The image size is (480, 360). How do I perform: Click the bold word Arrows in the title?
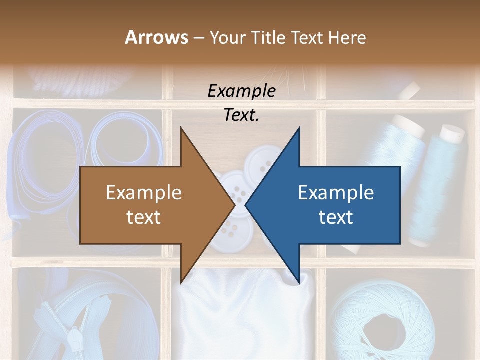(x=156, y=37)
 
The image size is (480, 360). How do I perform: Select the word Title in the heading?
(x=269, y=37)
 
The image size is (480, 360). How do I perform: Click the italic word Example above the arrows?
(x=241, y=91)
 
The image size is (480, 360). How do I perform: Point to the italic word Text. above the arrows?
(x=241, y=115)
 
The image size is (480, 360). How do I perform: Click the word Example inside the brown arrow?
(x=144, y=193)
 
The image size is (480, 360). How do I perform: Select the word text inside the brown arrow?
(x=144, y=217)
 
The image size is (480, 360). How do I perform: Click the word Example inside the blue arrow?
(x=336, y=193)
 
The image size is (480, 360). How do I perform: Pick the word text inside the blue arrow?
(x=336, y=217)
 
